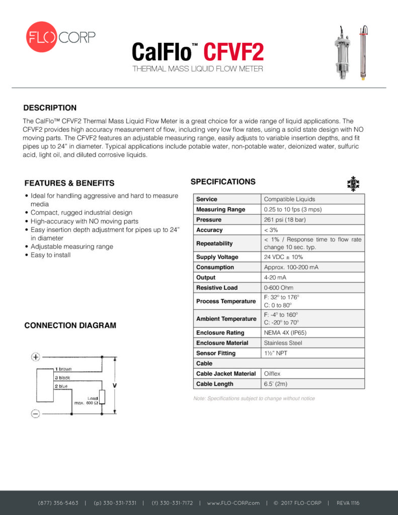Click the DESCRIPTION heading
point(50,108)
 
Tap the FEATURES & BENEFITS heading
point(69,183)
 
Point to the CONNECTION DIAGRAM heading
point(70,325)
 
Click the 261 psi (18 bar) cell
point(285,220)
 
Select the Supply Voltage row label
point(217,257)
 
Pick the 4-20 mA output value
point(276,278)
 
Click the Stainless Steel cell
point(283,343)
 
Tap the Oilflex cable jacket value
point(273,374)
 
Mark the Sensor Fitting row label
point(215,353)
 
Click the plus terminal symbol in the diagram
point(36,357)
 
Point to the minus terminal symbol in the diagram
point(36,414)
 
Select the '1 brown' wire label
point(63,369)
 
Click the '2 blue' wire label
point(61,386)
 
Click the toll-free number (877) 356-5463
point(58,503)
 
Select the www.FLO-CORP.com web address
point(233,503)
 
